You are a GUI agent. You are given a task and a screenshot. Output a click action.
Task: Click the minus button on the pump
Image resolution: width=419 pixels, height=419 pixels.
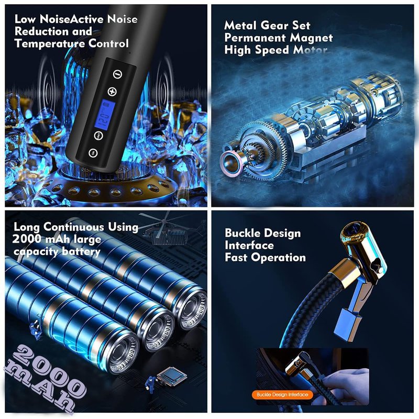[117, 74]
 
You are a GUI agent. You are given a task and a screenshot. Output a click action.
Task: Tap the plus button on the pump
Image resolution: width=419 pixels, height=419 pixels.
[112, 91]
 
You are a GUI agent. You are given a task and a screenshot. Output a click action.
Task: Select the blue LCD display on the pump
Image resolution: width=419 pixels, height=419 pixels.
[106, 115]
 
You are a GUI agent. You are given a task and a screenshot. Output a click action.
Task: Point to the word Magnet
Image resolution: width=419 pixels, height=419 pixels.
[311, 38]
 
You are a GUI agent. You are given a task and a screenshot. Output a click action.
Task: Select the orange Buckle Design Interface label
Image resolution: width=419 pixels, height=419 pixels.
[282, 394]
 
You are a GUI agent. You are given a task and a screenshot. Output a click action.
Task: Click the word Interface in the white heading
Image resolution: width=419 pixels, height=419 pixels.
[249, 245]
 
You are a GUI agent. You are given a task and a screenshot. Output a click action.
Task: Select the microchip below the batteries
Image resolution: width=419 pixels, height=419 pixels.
[171, 376]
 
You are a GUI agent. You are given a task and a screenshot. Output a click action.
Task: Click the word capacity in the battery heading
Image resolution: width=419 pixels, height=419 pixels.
[36, 251]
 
